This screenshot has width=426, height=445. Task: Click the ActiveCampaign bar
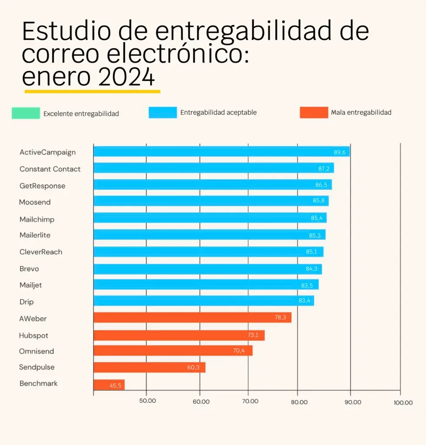point(221,152)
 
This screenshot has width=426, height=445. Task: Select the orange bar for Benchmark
point(109,385)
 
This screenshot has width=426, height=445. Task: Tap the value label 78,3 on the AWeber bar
point(280,318)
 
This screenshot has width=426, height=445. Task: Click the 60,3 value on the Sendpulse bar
point(193,368)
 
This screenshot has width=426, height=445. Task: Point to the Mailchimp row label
point(37,219)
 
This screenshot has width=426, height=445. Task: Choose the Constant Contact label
point(50,169)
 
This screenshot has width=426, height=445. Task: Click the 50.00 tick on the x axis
point(148,402)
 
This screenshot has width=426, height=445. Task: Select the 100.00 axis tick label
point(403,402)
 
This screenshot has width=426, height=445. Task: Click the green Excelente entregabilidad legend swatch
point(26,113)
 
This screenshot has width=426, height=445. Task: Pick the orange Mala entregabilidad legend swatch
point(314,113)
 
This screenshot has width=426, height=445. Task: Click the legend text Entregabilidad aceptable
point(218,113)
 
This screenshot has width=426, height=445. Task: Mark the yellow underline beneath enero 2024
point(92,92)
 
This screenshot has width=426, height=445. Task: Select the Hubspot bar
point(179,335)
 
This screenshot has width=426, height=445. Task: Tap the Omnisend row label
point(36,351)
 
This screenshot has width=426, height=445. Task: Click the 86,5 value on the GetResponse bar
point(321,185)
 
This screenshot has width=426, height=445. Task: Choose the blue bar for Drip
point(203,301)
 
